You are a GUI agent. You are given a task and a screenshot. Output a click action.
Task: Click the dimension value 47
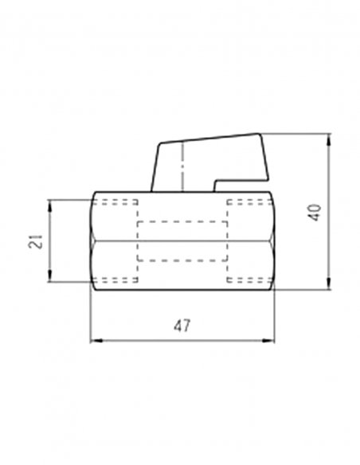coord(182,326)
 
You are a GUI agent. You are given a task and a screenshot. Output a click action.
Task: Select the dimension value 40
coord(315,212)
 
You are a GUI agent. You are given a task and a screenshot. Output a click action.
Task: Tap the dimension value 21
coord(35,241)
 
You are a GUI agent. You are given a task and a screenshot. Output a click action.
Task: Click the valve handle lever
coord(210,162)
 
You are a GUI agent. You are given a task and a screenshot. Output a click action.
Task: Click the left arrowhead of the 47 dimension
coord(96,341)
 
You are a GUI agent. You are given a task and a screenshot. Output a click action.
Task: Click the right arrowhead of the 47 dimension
coord(268,341)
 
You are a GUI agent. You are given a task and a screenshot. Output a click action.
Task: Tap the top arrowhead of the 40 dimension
coord(328,139)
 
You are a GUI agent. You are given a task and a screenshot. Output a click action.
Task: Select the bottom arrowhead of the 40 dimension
coord(328,283)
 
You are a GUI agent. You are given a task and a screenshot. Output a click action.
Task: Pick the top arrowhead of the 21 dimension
coord(50,206)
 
